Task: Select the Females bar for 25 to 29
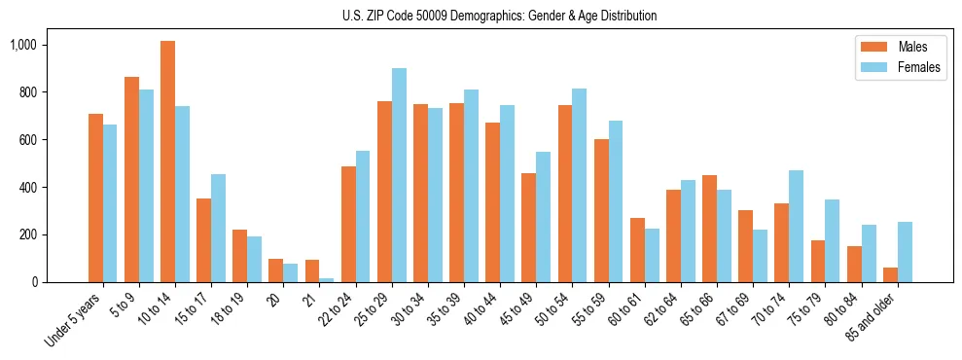tap(399, 175)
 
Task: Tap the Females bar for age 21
tap(327, 280)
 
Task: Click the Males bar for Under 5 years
tap(95, 198)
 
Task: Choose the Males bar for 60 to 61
tap(637, 250)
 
